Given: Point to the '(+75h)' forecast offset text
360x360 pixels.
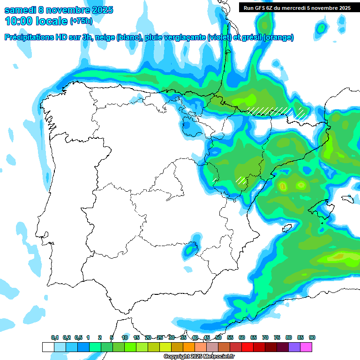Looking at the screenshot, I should [x=81, y=21].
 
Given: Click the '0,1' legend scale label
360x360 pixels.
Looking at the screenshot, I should [x=54, y=337].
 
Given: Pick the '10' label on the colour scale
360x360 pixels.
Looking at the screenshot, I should [x=125, y=337].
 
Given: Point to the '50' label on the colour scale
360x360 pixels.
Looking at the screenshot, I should [x=218, y=337].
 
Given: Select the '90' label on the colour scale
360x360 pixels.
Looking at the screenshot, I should [x=312, y=337].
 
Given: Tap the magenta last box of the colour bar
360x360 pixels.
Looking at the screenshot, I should [x=306, y=347].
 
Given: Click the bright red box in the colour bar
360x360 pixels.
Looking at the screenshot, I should [x=247, y=347].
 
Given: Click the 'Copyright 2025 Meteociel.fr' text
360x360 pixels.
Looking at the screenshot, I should [x=199, y=357].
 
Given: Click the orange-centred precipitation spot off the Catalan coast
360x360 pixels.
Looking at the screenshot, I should [x=283, y=187].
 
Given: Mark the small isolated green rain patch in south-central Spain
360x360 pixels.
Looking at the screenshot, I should [x=190, y=251].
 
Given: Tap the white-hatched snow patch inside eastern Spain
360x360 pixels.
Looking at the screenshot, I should [x=241, y=180].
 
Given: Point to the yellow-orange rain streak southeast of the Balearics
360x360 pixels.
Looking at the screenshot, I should [x=337, y=256].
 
